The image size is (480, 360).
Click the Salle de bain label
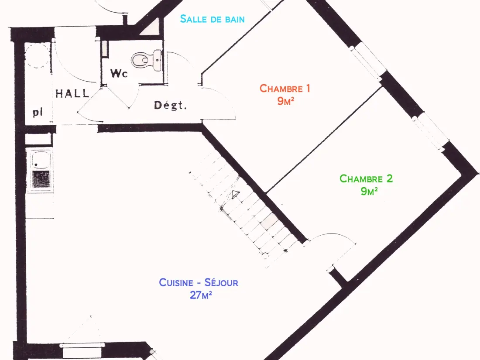pos(212,19)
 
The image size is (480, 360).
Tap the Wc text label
pos(119,73)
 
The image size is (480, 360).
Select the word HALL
pos(72,93)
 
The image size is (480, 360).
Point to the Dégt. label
pos(170,105)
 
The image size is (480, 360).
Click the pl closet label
pos(38,113)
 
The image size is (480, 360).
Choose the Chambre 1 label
pos(285,89)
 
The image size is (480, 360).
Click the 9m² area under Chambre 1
pos(286,101)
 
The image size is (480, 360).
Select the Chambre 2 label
pos(366,179)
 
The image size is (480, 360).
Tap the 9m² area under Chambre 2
pos(369,191)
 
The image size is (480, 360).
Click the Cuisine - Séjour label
pos(199,282)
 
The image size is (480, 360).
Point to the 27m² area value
pos(201,295)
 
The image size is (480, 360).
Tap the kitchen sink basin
pos(40,159)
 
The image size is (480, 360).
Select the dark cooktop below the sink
pos(41,179)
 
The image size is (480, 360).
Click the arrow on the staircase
pos(235,194)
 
